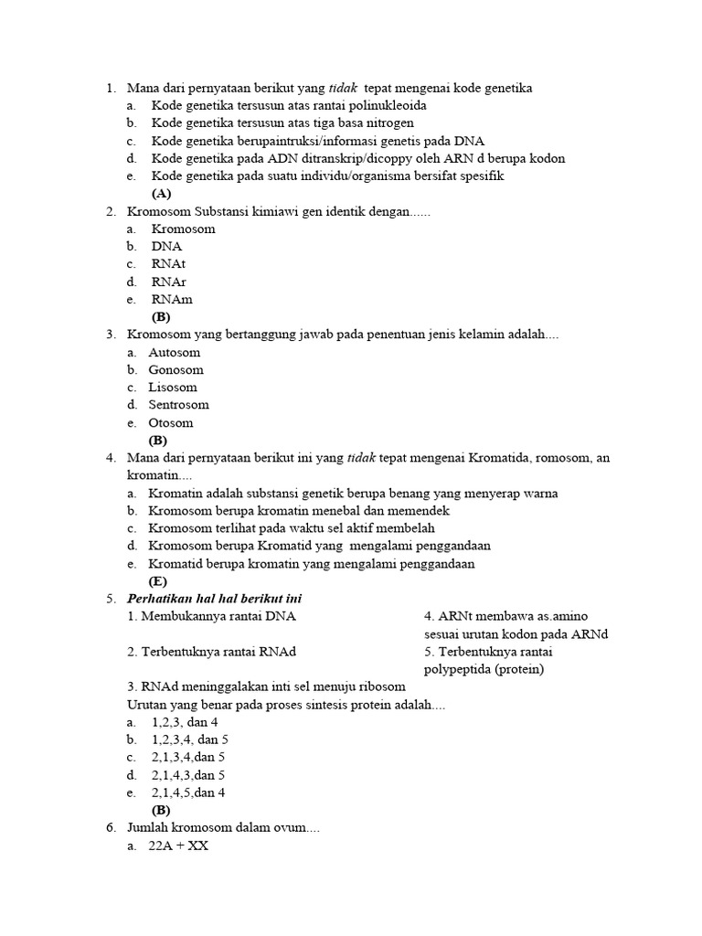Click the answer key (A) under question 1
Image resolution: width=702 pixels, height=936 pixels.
pyautogui.click(x=161, y=194)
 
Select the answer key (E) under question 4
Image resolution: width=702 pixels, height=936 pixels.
pyautogui.click(x=158, y=581)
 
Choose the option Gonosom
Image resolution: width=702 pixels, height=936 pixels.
pyautogui.click(x=175, y=370)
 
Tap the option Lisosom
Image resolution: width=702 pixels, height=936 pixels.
pyautogui.click(x=173, y=388)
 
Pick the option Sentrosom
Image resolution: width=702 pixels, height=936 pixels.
pyautogui.click(x=178, y=405)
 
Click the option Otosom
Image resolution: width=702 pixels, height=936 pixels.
pyautogui.click(x=171, y=423)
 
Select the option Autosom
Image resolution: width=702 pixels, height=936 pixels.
pyautogui.click(x=174, y=353)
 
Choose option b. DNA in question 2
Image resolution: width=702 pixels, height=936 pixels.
pyautogui.click(x=166, y=247)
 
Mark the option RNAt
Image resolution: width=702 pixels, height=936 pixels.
pyautogui.click(x=168, y=264)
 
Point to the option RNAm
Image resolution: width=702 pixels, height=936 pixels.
pyautogui.click(x=172, y=300)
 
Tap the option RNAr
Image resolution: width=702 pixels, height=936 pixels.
pyautogui.click(x=168, y=282)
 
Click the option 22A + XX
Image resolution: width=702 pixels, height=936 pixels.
pyautogui.click(x=178, y=846)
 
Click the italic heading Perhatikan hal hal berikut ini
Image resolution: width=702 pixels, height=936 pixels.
pyautogui.click(x=215, y=599)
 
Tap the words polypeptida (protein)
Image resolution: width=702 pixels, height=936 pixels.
pyautogui.click(x=484, y=669)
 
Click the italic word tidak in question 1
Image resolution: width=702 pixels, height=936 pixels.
pyautogui.click(x=344, y=89)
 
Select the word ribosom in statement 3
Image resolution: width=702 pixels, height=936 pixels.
pyautogui.click(x=381, y=686)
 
